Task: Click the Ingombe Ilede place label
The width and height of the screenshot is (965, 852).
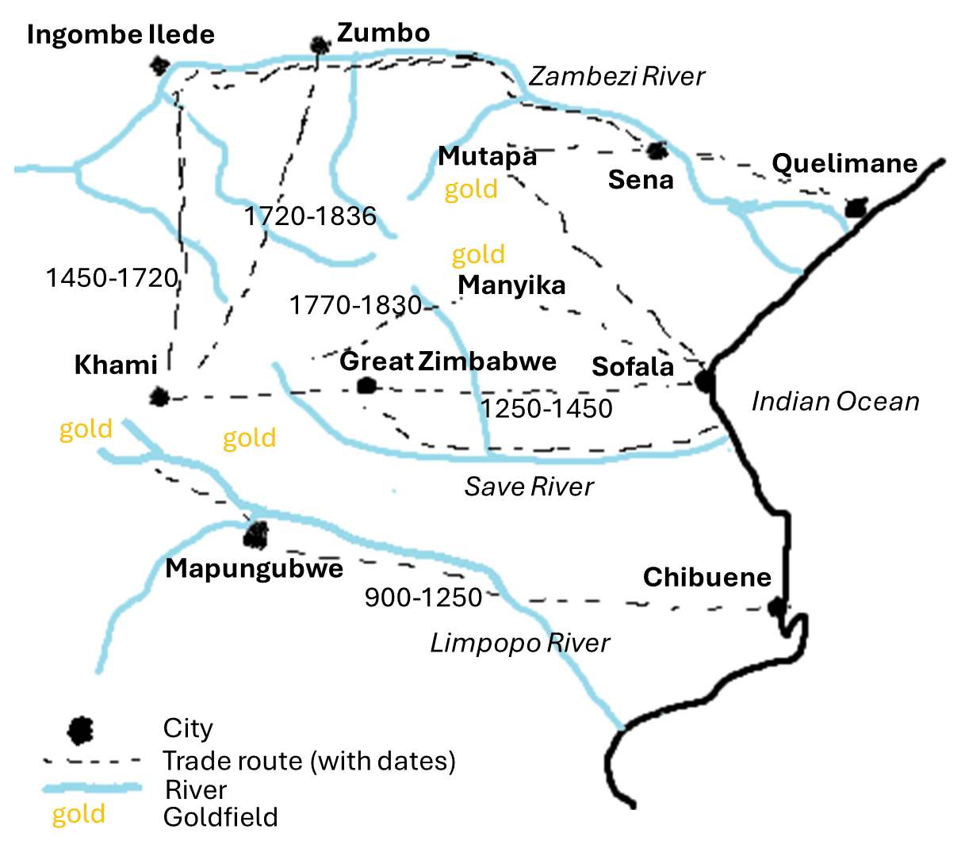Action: click(121, 35)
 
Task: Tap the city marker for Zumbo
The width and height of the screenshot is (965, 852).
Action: click(320, 44)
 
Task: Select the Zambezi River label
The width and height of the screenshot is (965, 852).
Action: click(617, 76)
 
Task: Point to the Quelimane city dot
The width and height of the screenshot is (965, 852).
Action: click(855, 208)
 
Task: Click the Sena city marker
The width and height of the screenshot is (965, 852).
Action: click(657, 150)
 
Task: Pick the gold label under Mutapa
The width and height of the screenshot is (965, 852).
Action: click(471, 189)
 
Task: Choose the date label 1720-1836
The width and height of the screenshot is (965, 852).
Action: click(310, 216)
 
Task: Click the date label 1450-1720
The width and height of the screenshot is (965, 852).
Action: click(112, 278)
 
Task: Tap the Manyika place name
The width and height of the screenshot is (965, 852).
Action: click(511, 285)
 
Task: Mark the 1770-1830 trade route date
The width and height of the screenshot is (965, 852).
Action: click(355, 305)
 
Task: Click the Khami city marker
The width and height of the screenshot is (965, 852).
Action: click(159, 396)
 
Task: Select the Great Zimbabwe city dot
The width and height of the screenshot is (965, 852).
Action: click(366, 386)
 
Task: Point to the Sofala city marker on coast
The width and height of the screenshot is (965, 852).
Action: click(705, 381)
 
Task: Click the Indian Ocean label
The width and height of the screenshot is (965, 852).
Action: click(835, 402)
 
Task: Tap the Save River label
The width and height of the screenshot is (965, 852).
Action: click(529, 486)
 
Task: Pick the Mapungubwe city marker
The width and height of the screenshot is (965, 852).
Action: click(255, 535)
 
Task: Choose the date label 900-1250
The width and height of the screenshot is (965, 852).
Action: click(423, 598)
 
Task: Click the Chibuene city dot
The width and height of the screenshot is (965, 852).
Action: click(776, 608)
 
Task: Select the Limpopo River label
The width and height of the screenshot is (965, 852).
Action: click(520, 643)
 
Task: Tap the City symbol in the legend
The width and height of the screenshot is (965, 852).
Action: click(80, 730)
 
